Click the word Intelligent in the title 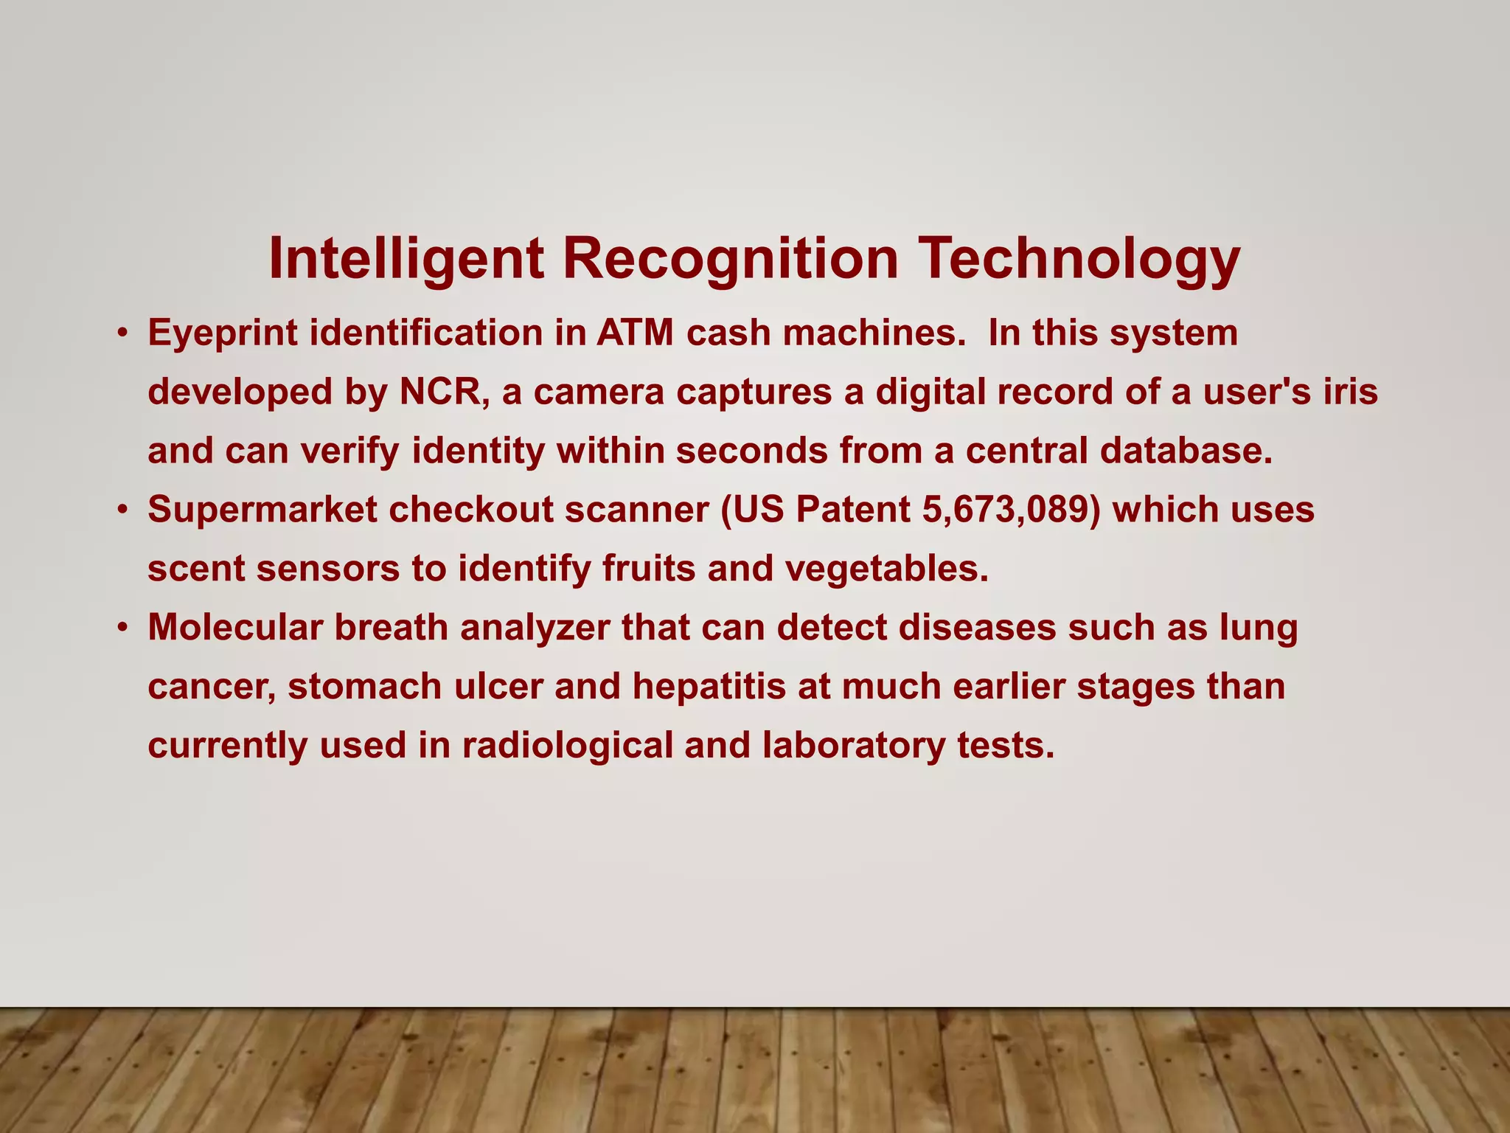click(406, 260)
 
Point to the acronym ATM click(635, 333)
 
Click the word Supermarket click(262, 510)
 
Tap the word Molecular click(235, 628)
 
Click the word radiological click(567, 746)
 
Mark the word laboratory click(853, 746)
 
